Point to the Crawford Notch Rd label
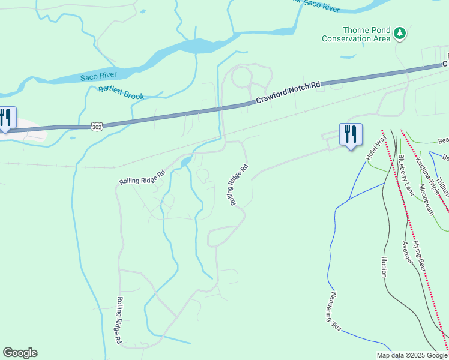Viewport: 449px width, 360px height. point(289,94)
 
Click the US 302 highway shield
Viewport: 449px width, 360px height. point(97,127)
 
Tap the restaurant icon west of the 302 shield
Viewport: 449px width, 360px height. point(6,117)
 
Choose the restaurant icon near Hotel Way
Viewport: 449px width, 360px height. point(351,134)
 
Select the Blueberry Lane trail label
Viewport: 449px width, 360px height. point(406,175)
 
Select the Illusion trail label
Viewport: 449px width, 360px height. point(384,267)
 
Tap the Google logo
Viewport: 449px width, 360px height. point(20,353)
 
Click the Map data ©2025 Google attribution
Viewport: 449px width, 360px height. point(412,355)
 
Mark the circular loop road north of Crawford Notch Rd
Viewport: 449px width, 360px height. point(242,78)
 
